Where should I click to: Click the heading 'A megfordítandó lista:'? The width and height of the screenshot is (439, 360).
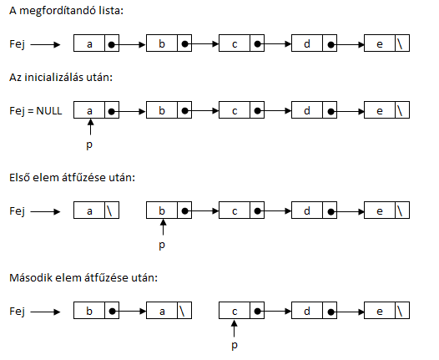pyautogui.click(x=67, y=11)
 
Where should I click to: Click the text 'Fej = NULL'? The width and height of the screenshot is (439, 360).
pyautogui.click(x=36, y=111)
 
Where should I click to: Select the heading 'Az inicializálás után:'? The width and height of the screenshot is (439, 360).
pyautogui.click(x=61, y=78)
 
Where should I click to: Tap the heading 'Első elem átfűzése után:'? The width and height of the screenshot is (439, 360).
pyautogui.click(x=73, y=178)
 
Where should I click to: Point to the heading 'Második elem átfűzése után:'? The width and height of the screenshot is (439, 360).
pyautogui.click(x=83, y=278)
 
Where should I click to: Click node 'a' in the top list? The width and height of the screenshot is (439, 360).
pyautogui.click(x=96, y=43)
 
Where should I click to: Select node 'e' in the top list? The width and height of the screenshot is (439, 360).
pyautogui.click(x=386, y=43)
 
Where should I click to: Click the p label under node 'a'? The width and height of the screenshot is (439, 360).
pyautogui.click(x=89, y=145)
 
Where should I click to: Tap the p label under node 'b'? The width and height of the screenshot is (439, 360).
pyautogui.click(x=162, y=246)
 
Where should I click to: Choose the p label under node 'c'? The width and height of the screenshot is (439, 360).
pyautogui.click(x=235, y=346)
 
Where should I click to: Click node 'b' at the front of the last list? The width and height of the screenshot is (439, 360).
pyautogui.click(x=96, y=311)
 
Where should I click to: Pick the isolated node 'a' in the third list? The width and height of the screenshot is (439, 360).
pyautogui.click(x=96, y=210)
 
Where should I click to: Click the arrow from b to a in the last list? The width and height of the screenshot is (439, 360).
pyautogui.click(x=129, y=312)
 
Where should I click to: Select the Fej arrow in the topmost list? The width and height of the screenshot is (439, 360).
pyautogui.click(x=45, y=44)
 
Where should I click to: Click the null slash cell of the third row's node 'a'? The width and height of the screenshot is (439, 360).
pyautogui.click(x=112, y=210)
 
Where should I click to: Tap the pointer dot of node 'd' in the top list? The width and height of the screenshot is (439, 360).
pyautogui.click(x=331, y=44)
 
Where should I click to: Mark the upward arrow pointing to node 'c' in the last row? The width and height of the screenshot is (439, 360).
pyautogui.click(x=235, y=328)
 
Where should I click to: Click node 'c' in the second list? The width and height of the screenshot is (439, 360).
pyautogui.click(x=241, y=109)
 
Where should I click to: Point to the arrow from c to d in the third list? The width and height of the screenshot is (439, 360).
pyautogui.click(x=274, y=211)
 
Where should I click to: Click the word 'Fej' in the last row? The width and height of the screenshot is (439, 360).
pyautogui.click(x=17, y=312)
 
